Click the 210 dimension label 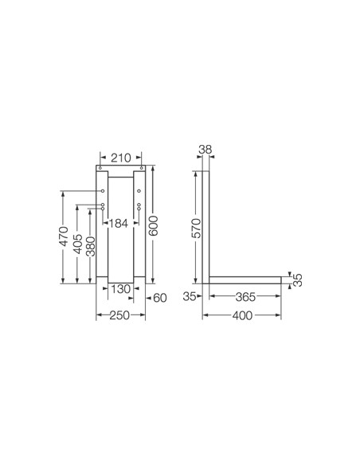click(121, 158)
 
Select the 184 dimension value click(119, 223)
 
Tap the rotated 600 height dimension click(153, 226)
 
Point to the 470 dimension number click(63, 236)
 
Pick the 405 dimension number click(78, 244)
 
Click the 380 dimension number click(91, 247)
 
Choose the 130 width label click(120, 288)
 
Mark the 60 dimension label click(160, 298)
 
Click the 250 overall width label click(119, 315)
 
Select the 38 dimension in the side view click(205, 150)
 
